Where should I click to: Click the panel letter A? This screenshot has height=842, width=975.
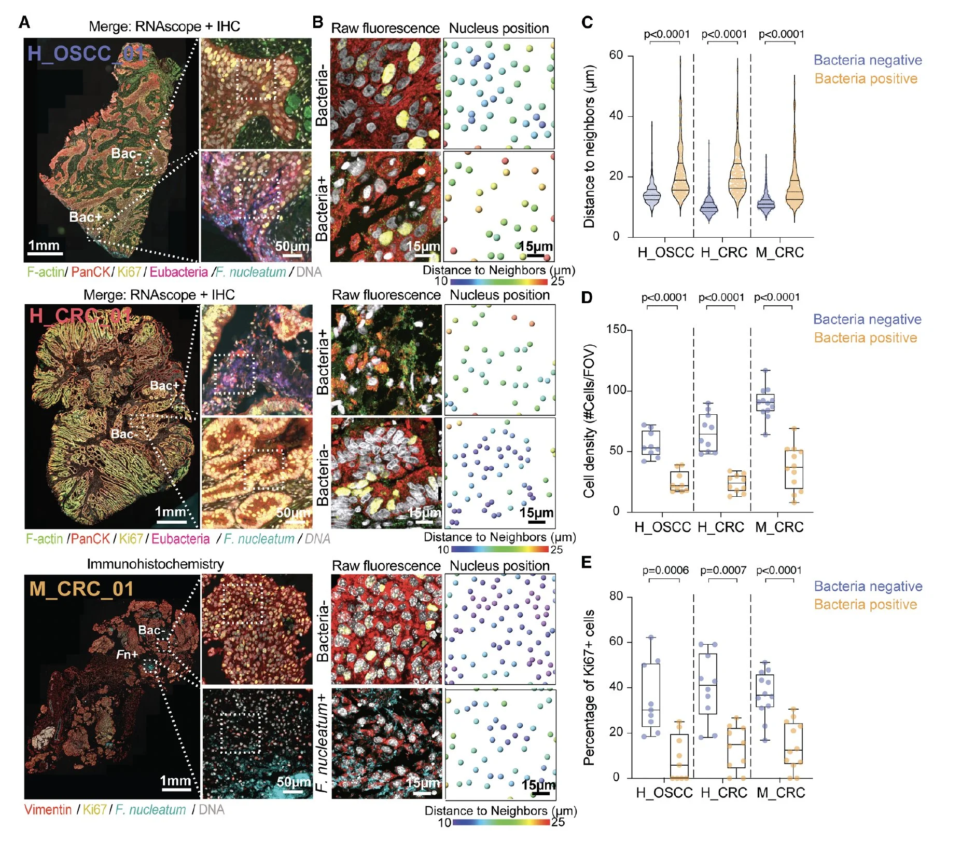click(x=24, y=22)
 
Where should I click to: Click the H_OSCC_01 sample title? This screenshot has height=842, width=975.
click(x=86, y=53)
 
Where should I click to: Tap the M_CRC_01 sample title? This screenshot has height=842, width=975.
click(x=81, y=589)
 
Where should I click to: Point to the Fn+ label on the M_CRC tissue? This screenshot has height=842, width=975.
click(x=127, y=654)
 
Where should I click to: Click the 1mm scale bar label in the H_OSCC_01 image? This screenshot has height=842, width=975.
click(x=44, y=245)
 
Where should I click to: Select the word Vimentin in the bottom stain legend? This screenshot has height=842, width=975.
click(x=48, y=809)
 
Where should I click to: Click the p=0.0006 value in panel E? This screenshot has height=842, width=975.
click(x=665, y=570)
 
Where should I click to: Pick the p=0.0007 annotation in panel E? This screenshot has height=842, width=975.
click(x=723, y=570)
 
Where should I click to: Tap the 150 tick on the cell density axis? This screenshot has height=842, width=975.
click(x=617, y=329)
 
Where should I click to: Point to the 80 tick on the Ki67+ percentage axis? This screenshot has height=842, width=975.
click(x=616, y=596)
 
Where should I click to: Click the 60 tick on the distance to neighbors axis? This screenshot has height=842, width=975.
click(x=616, y=55)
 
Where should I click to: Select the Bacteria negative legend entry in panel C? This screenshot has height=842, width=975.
click(x=868, y=60)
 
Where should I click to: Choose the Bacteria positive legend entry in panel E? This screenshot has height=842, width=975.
click(x=865, y=604)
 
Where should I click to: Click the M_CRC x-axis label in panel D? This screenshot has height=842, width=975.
click(x=779, y=527)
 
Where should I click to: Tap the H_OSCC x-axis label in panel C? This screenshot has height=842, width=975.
click(x=665, y=252)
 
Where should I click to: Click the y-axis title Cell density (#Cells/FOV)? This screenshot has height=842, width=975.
click(x=589, y=421)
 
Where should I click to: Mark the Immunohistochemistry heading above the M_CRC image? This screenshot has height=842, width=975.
click(x=155, y=564)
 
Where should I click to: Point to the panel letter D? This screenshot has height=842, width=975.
click(x=587, y=297)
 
